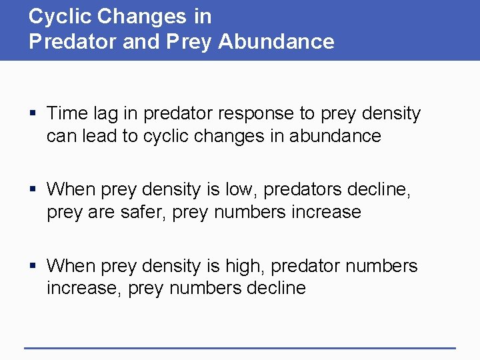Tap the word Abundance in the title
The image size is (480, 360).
[276, 42]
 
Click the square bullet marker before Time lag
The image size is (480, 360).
[33, 114]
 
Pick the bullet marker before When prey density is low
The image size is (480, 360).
[33, 190]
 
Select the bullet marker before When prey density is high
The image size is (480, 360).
[33, 267]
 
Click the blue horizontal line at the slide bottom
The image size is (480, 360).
[240, 347]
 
